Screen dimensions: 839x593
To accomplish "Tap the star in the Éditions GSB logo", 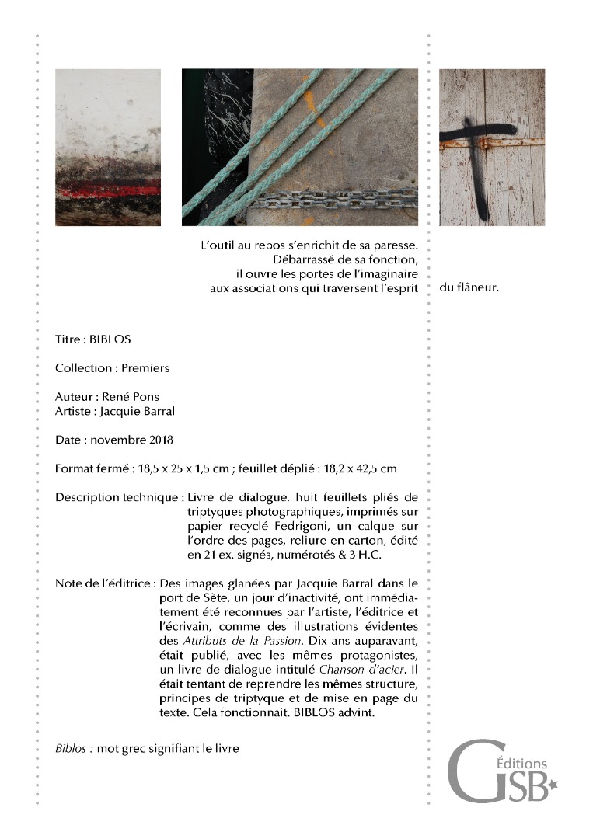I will (553, 786).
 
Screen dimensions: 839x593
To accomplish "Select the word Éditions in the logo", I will (526, 764).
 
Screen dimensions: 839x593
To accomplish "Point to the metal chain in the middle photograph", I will (334, 204).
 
